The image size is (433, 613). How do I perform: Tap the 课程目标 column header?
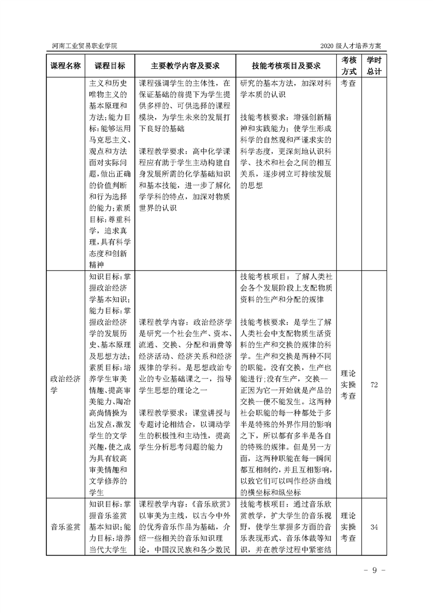109,66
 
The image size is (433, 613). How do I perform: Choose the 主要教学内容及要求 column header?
185,66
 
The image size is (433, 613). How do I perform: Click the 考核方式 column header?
349,66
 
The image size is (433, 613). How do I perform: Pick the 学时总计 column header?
374,66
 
